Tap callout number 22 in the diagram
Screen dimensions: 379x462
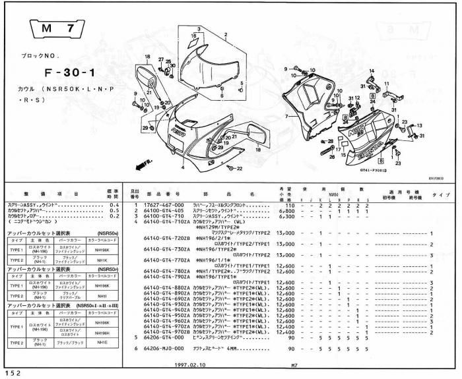pyautogui.click(x=239, y=169)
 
